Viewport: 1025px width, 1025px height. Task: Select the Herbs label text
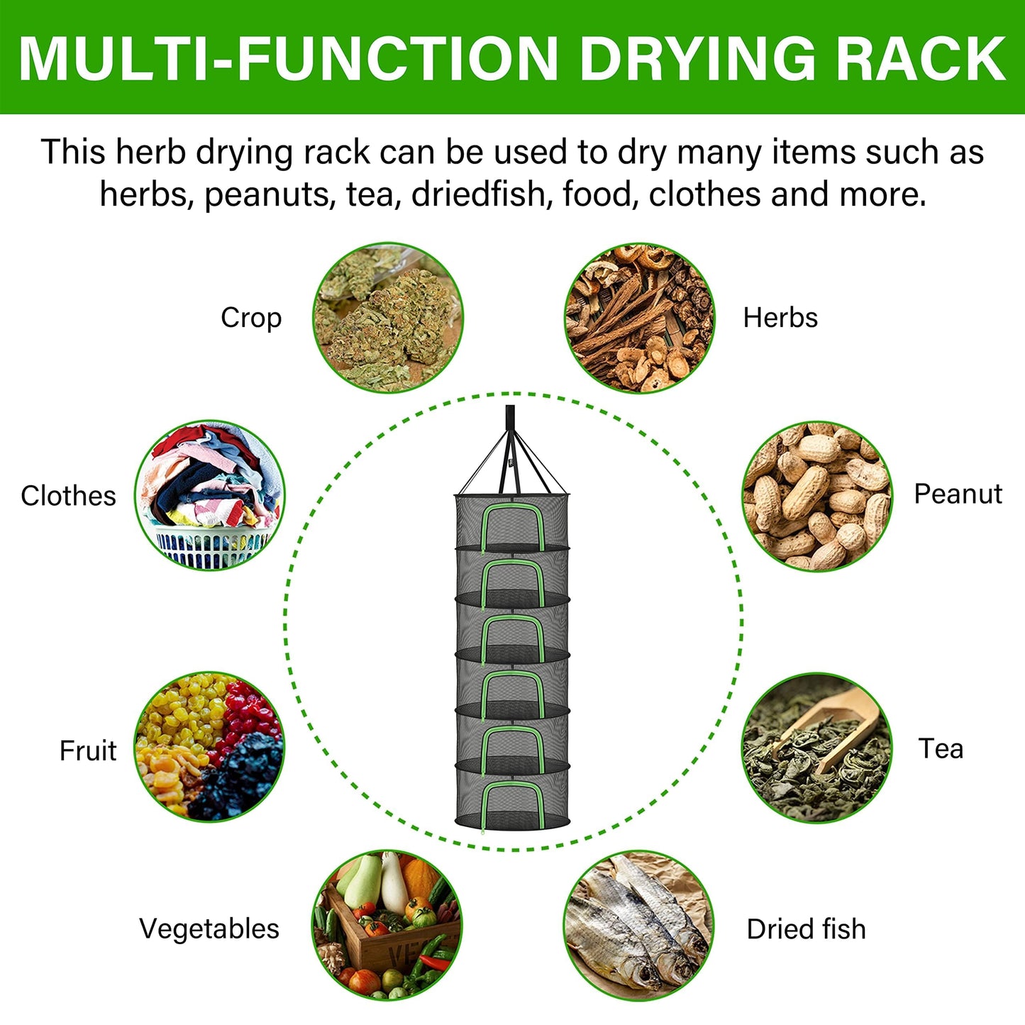[780, 318]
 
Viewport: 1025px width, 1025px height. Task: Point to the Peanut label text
[958, 494]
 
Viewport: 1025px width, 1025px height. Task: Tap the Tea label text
[941, 749]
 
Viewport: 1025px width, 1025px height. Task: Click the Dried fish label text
[807, 929]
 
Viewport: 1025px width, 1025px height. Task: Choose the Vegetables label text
[209, 930]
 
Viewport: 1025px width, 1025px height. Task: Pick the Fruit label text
[88, 751]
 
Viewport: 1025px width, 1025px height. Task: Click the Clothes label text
[68, 496]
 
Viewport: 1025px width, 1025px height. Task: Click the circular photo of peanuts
[817, 497]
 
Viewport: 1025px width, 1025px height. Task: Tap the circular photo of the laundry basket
[209, 495]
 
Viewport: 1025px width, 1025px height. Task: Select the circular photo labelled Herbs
[640, 318]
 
